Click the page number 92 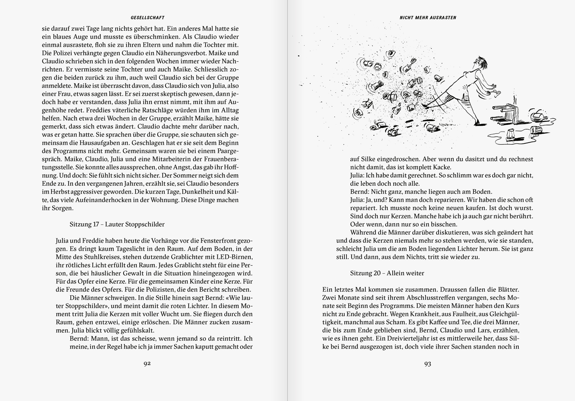click(147, 364)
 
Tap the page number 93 click(428, 364)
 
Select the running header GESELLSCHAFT click(147, 18)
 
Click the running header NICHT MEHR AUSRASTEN click(428, 18)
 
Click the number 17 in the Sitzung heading click(96, 224)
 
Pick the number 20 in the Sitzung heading click(376, 273)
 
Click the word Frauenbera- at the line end click(222, 159)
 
